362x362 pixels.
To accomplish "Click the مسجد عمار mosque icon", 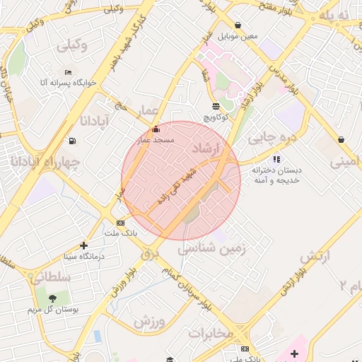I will (156, 129).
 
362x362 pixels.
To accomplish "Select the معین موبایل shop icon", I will (238, 25).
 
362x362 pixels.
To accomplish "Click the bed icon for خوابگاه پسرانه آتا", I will (68, 72).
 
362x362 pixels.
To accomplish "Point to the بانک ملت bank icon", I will (121, 223).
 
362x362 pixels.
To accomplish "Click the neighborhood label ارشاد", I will (206, 148).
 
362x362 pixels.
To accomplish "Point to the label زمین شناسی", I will (211, 249).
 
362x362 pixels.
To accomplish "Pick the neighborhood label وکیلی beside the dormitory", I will (69, 45).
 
